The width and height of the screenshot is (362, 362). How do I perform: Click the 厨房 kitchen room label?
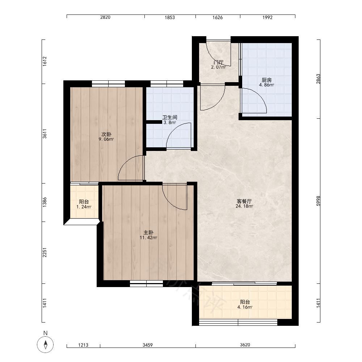coord(266,80)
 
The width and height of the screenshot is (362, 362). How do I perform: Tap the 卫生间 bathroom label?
coord(170,117)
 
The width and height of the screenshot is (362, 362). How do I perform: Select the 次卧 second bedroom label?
coord(106,134)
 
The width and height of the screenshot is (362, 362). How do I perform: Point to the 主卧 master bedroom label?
coord(148,232)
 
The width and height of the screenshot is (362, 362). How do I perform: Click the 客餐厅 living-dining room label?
coord(244,201)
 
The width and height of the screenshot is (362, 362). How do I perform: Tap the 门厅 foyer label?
coord(219,62)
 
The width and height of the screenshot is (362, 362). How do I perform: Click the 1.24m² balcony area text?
coord(84,207)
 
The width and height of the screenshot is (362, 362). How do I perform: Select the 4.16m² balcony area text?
coord(245,307)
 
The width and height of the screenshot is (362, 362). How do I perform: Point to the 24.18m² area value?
coord(244,206)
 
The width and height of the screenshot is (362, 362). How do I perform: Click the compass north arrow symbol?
coord(46,345)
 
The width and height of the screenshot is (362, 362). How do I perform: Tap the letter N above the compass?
coord(46,333)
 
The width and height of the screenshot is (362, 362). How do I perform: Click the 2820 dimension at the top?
coord(105,17)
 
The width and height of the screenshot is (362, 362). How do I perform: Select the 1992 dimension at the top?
coord(268,17)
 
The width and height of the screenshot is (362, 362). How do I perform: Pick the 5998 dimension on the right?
coord(318,201)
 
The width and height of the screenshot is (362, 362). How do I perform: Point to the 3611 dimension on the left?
coord(45,134)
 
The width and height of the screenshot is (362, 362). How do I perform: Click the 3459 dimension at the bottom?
coord(148,345)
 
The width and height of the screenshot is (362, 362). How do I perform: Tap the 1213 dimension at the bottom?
coord(83,345)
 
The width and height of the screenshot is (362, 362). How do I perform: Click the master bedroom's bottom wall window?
coord(146,283)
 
